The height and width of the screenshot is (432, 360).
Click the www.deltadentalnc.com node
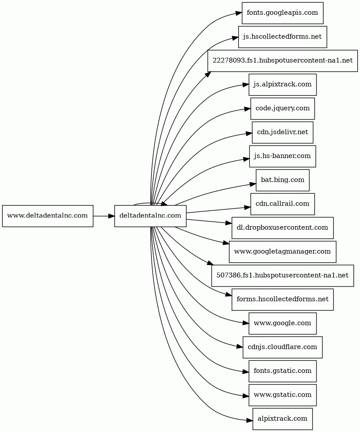(48, 216)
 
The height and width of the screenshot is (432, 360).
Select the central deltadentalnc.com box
(150, 216)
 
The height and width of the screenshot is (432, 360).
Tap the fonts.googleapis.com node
(283, 13)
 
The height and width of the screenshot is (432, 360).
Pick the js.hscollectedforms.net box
(283, 37)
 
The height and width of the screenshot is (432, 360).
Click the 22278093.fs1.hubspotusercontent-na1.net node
(283, 61)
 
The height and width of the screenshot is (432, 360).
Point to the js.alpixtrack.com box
(283, 85)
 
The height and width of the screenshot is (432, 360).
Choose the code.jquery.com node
(283, 108)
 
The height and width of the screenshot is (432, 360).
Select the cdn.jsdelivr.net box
(283, 133)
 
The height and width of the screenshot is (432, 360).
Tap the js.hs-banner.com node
(283, 156)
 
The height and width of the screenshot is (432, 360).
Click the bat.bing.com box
(283, 180)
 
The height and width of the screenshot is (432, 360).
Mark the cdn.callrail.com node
(283, 204)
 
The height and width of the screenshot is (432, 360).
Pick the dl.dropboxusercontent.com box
(283, 228)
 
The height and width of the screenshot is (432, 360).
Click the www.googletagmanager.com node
(283, 252)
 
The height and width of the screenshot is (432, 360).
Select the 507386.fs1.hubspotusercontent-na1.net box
(283, 276)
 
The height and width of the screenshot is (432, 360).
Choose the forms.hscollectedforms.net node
(283, 299)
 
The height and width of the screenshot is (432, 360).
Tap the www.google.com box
(283, 324)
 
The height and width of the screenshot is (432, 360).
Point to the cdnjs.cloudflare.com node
(283, 347)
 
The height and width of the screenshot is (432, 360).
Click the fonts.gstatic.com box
(283, 371)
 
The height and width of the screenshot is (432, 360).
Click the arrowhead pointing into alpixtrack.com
(249, 420)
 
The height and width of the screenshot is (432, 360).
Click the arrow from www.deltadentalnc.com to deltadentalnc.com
(104, 216)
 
